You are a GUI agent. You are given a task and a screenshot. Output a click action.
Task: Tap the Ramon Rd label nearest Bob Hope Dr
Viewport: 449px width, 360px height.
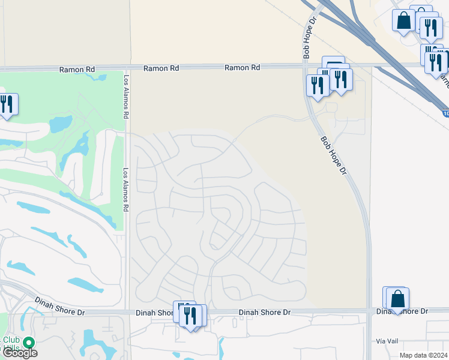[243, 68]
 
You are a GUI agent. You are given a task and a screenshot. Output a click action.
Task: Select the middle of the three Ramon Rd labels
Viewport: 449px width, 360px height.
[161, 69]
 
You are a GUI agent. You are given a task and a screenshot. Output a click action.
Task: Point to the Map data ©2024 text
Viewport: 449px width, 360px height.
[424, 355]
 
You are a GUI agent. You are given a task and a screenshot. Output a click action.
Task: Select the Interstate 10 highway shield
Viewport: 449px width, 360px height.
[445, 113]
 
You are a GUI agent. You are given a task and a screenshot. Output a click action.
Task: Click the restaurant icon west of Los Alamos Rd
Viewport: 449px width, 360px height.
[7, 104]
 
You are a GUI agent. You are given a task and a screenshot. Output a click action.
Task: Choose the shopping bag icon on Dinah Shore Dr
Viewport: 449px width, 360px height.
[397, 298]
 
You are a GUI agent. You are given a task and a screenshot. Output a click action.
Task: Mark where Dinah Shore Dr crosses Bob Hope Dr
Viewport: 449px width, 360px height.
[369, 311]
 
